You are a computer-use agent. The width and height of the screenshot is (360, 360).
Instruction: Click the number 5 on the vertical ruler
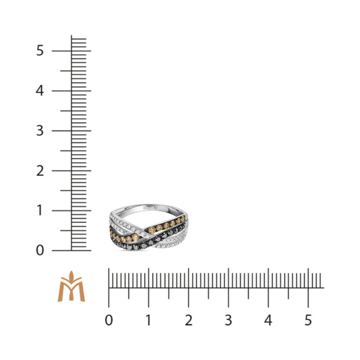coord(39,50)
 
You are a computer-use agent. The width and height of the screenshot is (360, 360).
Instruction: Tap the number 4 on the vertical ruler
coord(39,91)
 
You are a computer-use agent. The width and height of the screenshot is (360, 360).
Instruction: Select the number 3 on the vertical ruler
coord(39,131)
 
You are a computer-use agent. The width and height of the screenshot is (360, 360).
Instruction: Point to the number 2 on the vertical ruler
coord(39,170)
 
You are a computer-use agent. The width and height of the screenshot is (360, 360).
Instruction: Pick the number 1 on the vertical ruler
coord(39,211)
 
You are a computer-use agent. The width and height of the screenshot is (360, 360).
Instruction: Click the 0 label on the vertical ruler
coord(39,251)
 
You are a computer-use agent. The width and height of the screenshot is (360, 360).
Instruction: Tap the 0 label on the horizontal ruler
coord(109,320)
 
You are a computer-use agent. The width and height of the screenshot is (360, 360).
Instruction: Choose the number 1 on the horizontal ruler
coord(149,320)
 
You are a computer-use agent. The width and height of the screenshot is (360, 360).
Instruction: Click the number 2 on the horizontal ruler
coord(189,320)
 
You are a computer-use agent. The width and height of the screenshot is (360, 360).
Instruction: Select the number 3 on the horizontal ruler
coord(228,320)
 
